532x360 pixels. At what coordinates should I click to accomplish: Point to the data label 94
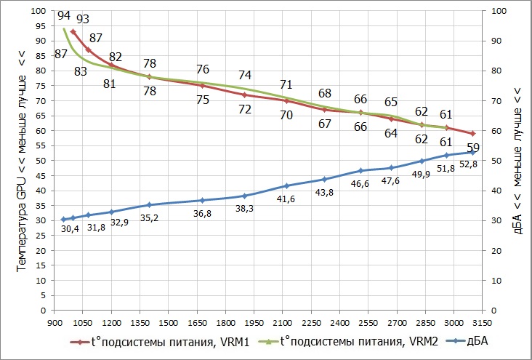click(63, 15)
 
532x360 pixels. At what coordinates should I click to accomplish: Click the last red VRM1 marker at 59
click(472, 134)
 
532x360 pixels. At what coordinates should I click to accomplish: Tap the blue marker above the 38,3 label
click(245, 196)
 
